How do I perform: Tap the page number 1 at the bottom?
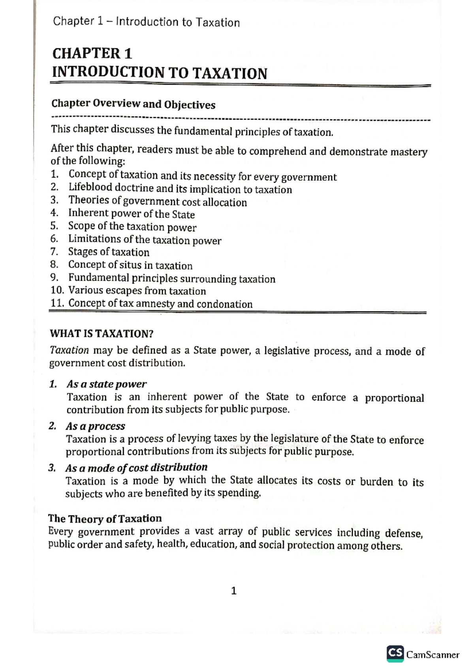pyautogui.click(x=234, y=591)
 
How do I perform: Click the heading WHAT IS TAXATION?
pyautogui.click(x=102, y=334)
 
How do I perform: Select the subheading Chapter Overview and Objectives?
pyautogui.click(x=133, y=104)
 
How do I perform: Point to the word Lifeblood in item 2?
pyautogui.click(x=90, y=187)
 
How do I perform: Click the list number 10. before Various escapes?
pyautogui.click(x=57, y=290)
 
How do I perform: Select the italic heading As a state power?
pyautogui.click(x=106, y=384)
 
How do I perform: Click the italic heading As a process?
pyautogui.click(x=95, y=426)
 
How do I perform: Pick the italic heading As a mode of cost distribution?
pyautogui.click(x=136, y=468)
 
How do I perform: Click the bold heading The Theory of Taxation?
pyautogui.click(x=105, y=518)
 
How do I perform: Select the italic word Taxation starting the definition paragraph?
pyautogui.click(x=69, y=350)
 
